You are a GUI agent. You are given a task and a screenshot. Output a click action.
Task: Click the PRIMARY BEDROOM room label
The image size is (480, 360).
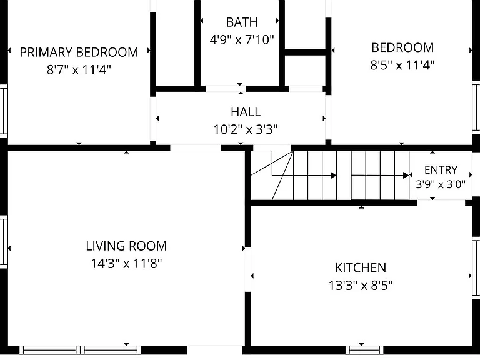(x=79, y=52)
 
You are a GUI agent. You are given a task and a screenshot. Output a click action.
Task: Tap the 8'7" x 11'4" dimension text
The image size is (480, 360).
(x=79, y=69)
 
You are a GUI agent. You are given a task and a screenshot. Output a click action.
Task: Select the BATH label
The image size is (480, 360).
(x=241, y=22)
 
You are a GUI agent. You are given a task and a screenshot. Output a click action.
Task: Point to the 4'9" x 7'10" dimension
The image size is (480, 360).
(x=241, y=39)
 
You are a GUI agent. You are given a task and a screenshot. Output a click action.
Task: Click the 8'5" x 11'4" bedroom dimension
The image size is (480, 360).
(x=402, y=65)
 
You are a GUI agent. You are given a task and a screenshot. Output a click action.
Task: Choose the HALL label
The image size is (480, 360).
(x=246, y=112)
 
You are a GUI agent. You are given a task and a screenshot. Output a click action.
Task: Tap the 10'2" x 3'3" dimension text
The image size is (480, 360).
(x=246, y=129)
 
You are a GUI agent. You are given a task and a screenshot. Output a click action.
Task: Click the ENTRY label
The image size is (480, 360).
(x=441, y=169)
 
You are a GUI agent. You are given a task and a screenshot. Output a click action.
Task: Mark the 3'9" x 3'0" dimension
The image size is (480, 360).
(x=441, y=184)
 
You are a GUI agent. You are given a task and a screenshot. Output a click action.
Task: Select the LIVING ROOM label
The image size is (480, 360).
(x=126, y=246)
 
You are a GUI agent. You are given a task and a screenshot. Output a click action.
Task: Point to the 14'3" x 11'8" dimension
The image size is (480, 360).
(x=126, y=263)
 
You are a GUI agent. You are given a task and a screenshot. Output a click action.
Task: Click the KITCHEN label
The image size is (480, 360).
(x=361, y=268)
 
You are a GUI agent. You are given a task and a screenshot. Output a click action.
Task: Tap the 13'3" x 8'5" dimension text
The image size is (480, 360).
(x=361, y=285)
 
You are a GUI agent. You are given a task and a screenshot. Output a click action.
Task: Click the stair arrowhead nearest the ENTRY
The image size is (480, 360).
(x=406, y=176)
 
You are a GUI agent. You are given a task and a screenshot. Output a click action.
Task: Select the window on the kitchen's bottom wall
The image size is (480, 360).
(x=364, y=349)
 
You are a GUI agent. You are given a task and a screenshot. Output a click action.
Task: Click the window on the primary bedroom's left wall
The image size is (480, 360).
(x=4, y=111)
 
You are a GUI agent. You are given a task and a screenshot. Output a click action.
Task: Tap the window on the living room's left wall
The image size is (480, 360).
(x=4, y=242)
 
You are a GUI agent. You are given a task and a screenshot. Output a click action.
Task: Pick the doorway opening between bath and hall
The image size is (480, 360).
(x=226, y=89)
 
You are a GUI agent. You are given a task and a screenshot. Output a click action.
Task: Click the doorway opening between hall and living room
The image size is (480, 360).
(x=196, y=148)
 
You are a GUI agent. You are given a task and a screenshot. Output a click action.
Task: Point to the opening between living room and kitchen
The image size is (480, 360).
(x=248, y=269)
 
